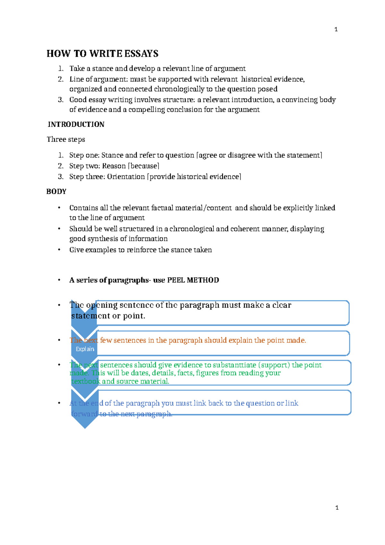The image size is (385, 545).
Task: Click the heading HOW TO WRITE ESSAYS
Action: point(102,53)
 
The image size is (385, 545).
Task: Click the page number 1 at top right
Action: point(336,30)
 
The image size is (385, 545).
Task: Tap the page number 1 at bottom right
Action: point(337,508)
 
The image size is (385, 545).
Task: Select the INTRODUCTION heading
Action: point(76,124)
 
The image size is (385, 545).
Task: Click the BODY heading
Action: point(56,192)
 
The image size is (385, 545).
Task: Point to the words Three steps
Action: point(66,139)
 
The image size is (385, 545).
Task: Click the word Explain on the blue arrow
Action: point(85,349)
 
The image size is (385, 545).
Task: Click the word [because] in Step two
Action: point(143,166)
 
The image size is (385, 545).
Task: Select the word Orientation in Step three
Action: point(126,177)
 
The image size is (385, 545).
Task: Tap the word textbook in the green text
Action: point(86,381)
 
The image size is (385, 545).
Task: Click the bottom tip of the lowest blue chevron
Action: point(85,428)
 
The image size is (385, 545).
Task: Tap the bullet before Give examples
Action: point(59,250)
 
